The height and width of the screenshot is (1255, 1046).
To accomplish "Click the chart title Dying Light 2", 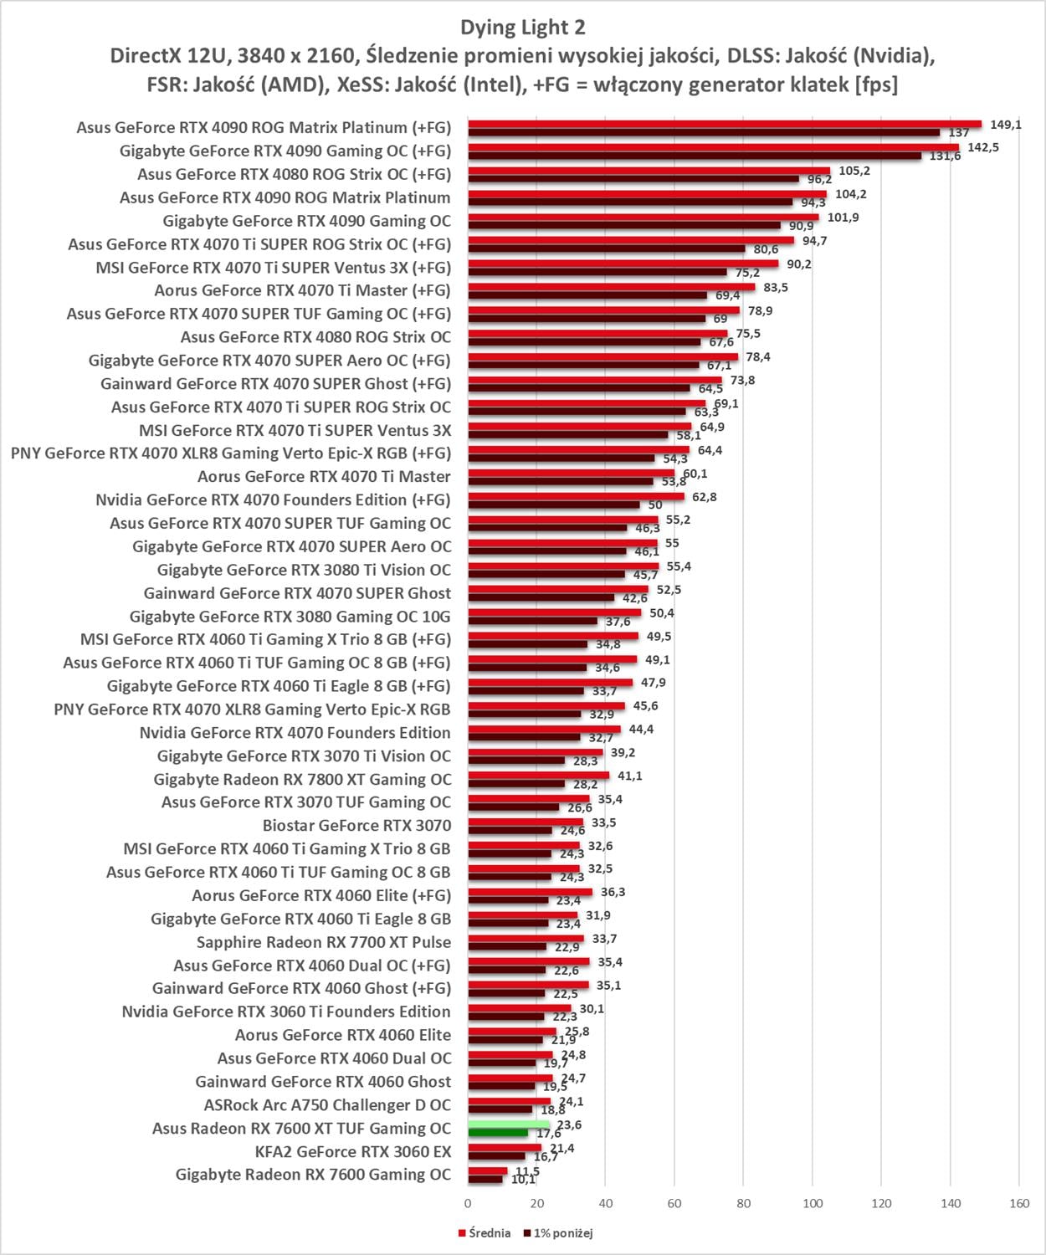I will pyautogui.click(x=522, y=27).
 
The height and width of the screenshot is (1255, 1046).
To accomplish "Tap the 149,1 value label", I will pyautogui.click(x=1005, y=125).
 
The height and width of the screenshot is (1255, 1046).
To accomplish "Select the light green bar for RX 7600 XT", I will pyautogui.click(x=508, y=1124).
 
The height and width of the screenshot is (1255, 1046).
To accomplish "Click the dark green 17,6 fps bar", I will pyautogui.click(x=498, y=1133).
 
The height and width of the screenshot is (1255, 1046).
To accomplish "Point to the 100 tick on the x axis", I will pyautogui.click(x=812, y=1203).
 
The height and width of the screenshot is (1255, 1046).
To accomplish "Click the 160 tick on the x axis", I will pyautogui.click(x=1018, y=1203).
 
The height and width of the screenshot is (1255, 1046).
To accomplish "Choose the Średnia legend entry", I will pyautogui.click(x=485, y=1233).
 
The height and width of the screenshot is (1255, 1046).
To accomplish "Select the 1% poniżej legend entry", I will pyautogui.click(x=557, y=1233).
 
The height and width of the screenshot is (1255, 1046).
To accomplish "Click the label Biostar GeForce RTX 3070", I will pyautogui.click(x=356, y=826).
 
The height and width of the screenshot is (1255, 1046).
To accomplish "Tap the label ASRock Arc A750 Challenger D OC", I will pyautogui.click(x=327, y=1105).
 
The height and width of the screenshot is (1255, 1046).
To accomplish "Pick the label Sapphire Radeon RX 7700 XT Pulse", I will pyautogui.click(x=323, y=942).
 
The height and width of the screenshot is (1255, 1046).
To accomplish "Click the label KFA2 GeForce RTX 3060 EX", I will pyautogui.click(x=352, y=1152).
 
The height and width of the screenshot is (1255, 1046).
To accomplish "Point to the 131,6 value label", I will pyautogui.click(x=945, y=156).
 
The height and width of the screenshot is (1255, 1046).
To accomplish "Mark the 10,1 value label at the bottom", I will pyautogui.click(x=523, y=1180).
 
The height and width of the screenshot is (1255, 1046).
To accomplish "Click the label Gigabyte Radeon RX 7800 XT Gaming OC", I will pyautogui.click(x=302, y=780).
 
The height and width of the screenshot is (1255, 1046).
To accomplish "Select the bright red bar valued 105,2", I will pyautogui.click(x=649, y=171).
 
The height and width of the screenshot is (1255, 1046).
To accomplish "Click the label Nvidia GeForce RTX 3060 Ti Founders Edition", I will pyautogui.click(x=286, y=1012).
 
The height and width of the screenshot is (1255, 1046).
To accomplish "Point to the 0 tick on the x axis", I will pyautogui.click(x=468, y=1203).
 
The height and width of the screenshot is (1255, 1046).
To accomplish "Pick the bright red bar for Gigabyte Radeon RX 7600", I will pyautogui.click(x=487, y=1170).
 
